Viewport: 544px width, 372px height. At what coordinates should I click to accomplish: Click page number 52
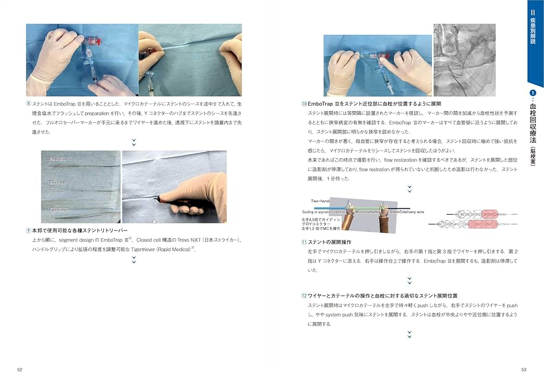pyautogui.click(x=20, y=369)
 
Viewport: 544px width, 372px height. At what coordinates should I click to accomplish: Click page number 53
pyautogui.click(x=523, y=369)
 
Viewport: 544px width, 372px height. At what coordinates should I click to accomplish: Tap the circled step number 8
pyautogui.click(x=28, y=103)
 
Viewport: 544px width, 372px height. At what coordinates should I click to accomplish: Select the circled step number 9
pyautogui.click(x=28, y=231)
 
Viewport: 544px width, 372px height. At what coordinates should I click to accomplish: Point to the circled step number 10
pyautogui.click(x=304, y=103)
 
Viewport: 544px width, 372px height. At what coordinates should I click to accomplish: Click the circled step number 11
pyautogui.click(x=304, y=241)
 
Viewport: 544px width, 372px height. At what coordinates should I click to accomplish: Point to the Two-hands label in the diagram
pyautogui.click(x=322, y=201)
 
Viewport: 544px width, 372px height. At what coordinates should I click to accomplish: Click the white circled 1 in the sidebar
pyautogui.click(x=533, y=94)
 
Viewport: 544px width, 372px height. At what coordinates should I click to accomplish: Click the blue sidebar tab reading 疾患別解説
pyautogui.click(x=533, y=27)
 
